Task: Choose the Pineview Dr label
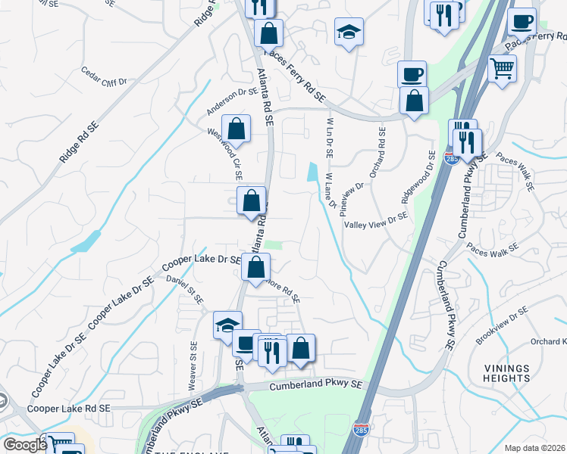pos(353,197)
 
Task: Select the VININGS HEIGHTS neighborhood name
pos(506,372)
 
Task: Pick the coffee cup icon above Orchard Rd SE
pos(412,73)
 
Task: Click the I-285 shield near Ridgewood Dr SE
pos(452,160)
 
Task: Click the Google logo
pos(25,445)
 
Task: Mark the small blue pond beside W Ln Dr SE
pos(312,173)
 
